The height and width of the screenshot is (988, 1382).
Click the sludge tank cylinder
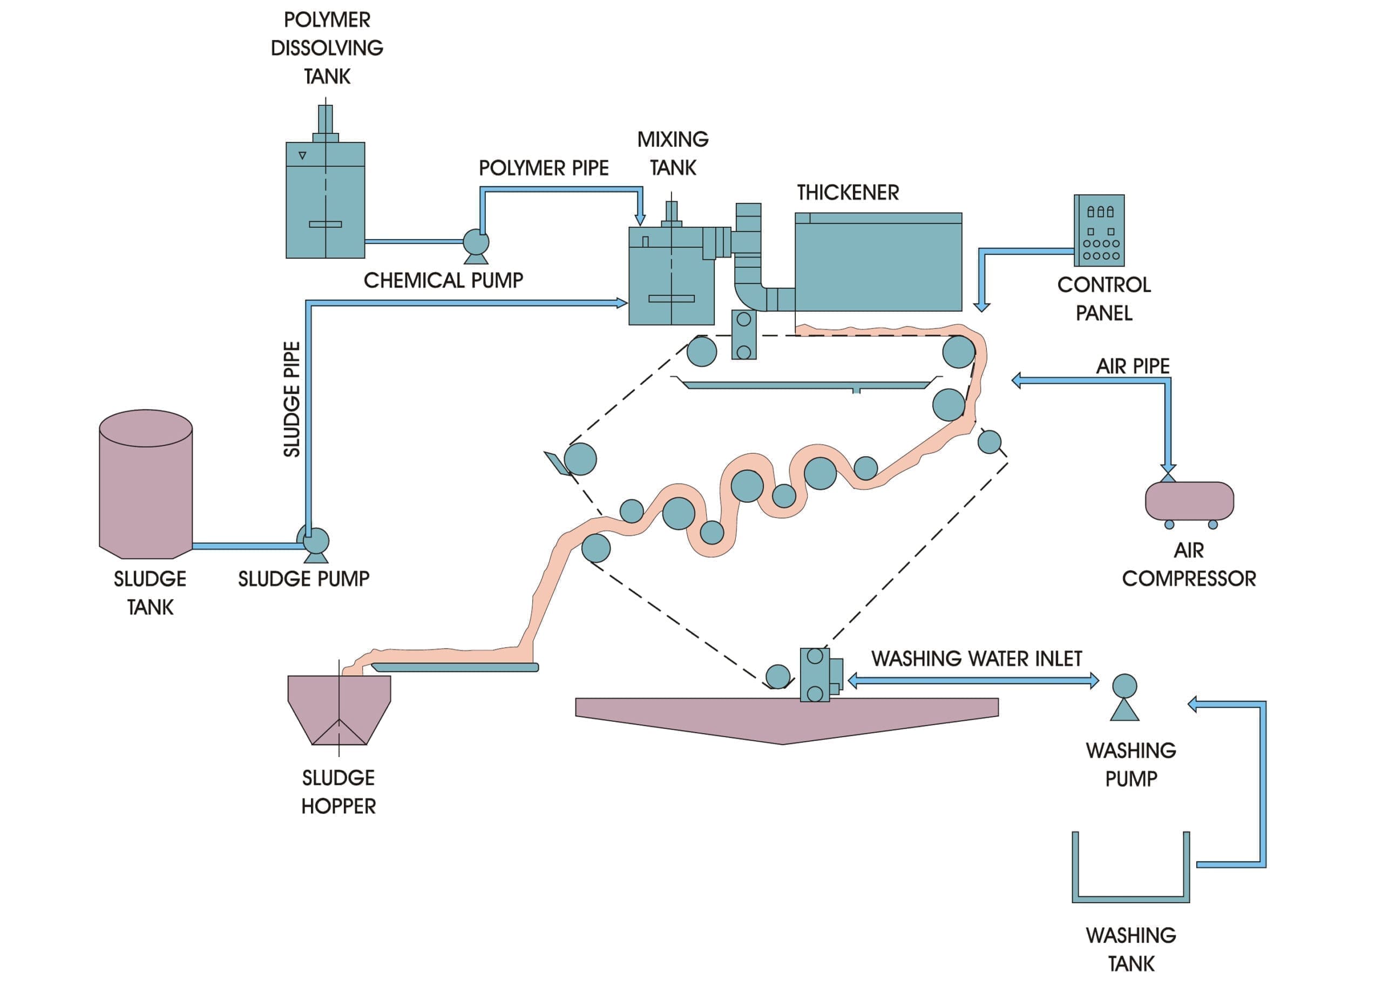tap(146, 483)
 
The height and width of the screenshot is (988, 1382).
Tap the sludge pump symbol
tap(314, 543)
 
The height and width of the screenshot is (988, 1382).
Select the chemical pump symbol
tap(476, 246)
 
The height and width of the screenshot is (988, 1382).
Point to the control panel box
tap(1099, 230)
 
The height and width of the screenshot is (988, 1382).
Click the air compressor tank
tap(1189, 501)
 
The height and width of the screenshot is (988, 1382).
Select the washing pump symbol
tap(1124, 697)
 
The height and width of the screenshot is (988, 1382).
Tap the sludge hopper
tap(339, 710)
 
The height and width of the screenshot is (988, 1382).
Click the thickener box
tap(878, 261)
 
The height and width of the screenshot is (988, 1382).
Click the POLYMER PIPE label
tap(544, 168)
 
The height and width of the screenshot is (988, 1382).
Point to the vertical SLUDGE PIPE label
tap(292, 399)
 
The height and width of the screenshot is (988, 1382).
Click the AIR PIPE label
tap(1133, 366)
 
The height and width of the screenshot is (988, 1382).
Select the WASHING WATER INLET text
tap(977, 658)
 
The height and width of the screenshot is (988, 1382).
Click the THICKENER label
tap(848, 193)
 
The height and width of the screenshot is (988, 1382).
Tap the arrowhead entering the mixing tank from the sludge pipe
tap(622, 303)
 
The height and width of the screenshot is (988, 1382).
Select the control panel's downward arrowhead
tap(981, 307)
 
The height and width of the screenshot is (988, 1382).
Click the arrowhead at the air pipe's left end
tap(1016, 381)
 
